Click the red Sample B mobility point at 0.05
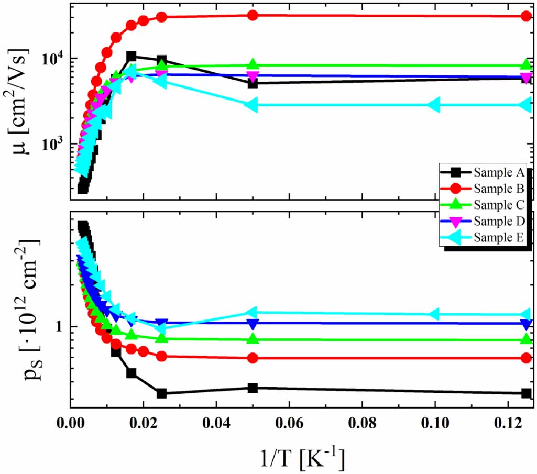(x=253, y=15)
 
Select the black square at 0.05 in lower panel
(x=253, y=388)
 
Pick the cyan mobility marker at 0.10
(x=434, y=105)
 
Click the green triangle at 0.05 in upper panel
(x=253, y=65)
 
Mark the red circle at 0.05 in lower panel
(x=253, y=358)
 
